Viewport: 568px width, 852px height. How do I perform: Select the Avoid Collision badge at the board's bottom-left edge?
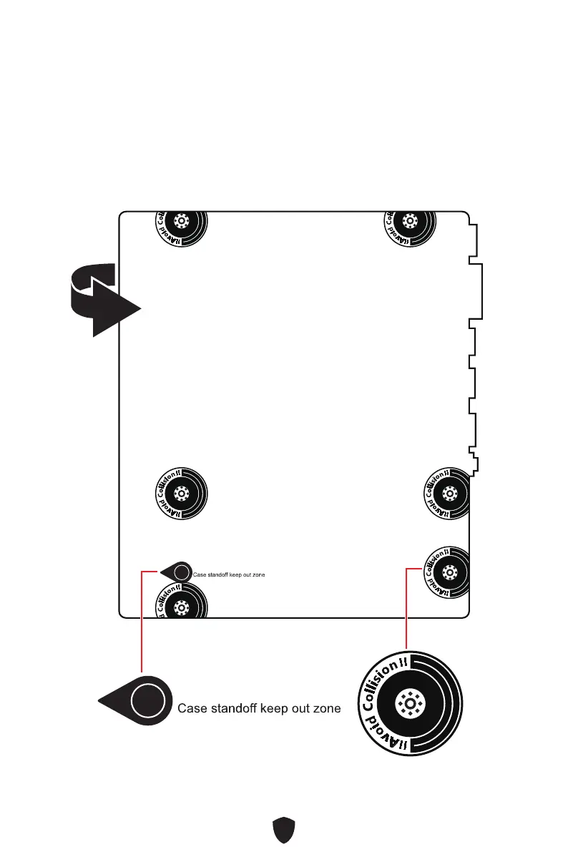(x=182, y=603)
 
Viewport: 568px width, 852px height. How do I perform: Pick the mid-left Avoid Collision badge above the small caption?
(x=182, y=493)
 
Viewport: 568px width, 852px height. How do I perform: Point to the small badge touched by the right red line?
(x=449, y=572)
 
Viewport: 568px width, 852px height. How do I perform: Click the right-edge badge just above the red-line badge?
(x=449, y=493)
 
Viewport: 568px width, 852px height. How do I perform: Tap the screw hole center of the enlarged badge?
(x=408, y=704)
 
